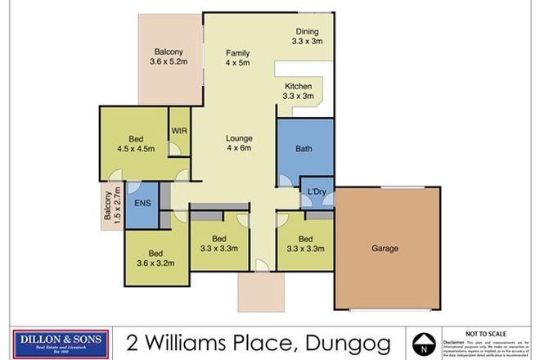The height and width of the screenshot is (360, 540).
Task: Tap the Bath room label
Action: point(304,149)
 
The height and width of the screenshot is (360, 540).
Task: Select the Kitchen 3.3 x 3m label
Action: point(299,91)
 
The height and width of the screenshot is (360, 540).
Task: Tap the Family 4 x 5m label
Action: point(237,58)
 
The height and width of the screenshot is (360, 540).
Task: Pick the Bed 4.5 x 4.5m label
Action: point(134,144)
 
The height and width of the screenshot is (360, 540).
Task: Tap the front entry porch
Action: point(259,289)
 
